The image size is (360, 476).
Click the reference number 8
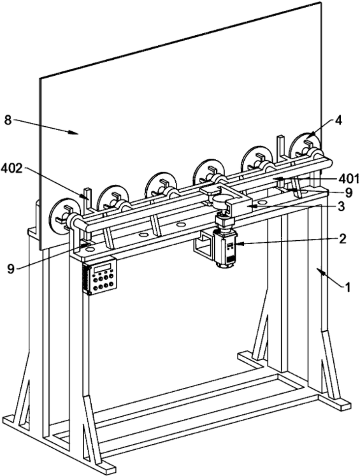tap(8, 120)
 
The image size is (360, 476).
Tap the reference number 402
tap(11, 169)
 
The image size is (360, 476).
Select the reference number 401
tap(349, 179)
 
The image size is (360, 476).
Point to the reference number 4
tap(338, 120)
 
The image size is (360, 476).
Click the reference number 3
tap(342, 206)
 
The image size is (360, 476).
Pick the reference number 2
tap(342, 239)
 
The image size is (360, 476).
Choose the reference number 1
tap(347, 286)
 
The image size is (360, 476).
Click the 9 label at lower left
tap(11, 269)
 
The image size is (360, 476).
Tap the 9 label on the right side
tap(349, 193)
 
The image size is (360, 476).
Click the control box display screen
tap(103, 268)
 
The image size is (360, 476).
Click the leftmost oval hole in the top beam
tap(90, 249)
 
